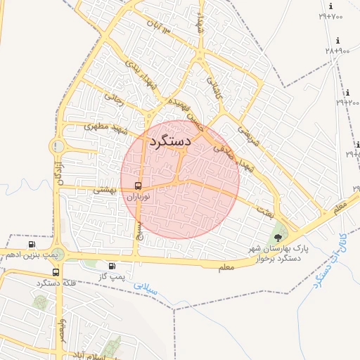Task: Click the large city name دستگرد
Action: point(171,141)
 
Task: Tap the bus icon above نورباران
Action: point(139,186)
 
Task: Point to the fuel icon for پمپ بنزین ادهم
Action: point(32,244)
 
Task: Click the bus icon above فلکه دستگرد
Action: point(56,272)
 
